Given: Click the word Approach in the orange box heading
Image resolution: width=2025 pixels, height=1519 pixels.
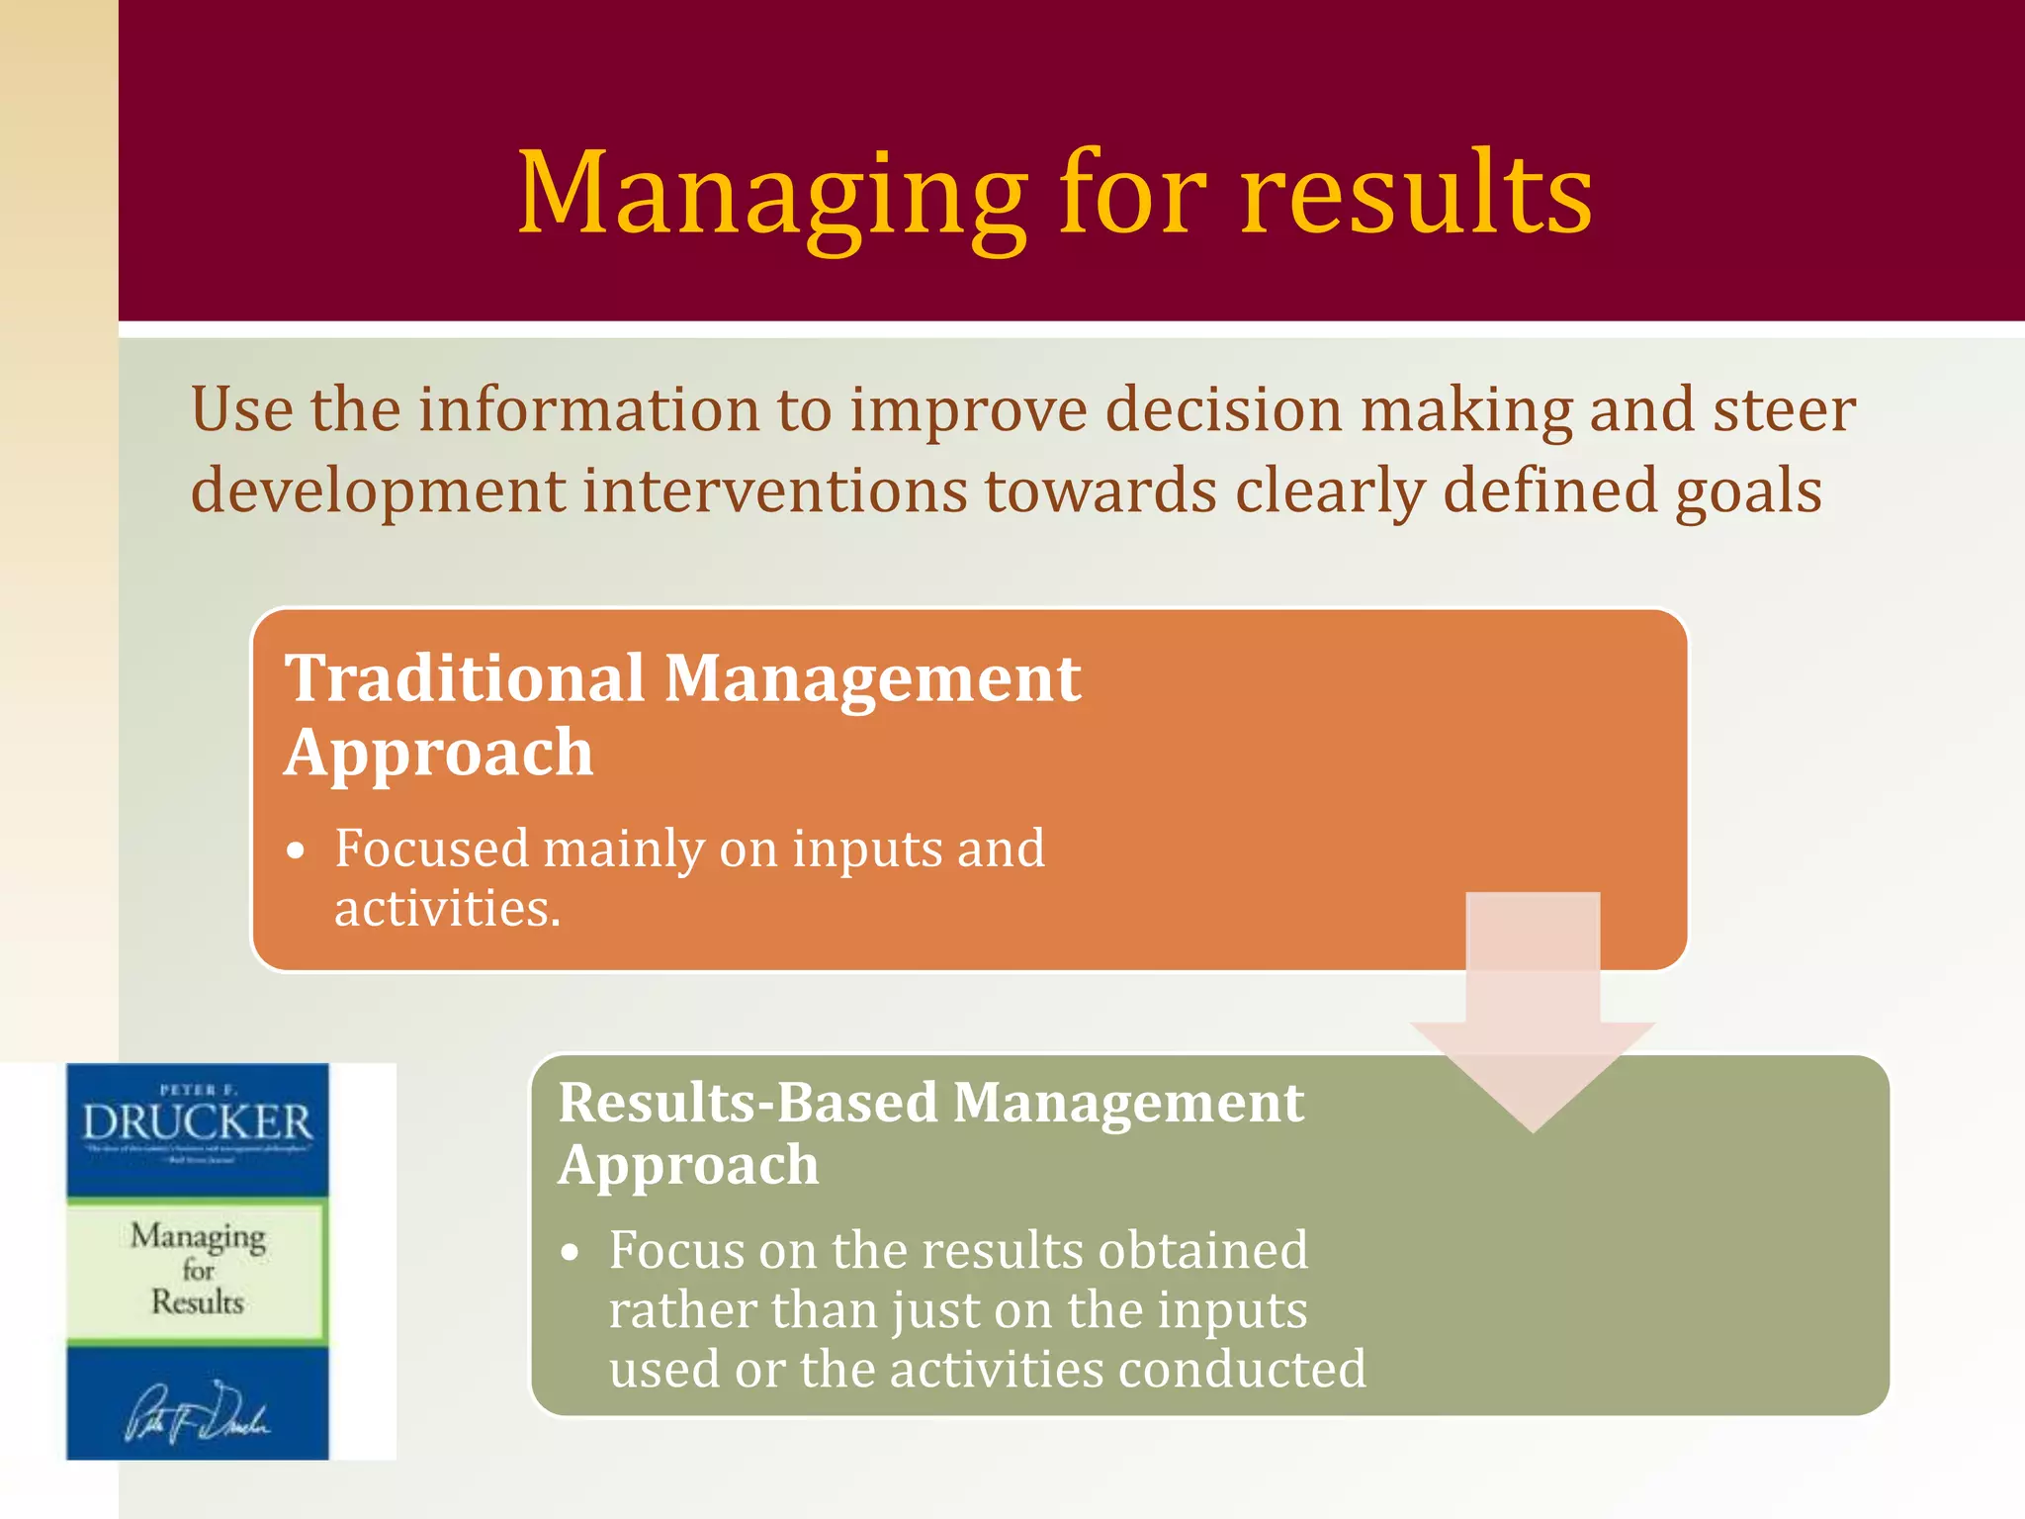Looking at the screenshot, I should point(439,755).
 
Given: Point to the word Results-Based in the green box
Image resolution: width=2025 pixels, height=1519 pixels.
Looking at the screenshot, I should point(748,1103).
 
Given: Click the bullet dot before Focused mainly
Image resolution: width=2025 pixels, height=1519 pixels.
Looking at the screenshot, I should point(295,851).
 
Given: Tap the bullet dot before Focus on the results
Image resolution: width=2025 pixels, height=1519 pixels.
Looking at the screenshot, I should point(569,1253).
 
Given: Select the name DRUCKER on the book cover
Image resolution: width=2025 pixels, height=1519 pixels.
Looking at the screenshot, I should point(197,1122).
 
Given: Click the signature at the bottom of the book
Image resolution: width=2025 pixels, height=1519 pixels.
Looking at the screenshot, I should point(197,1412).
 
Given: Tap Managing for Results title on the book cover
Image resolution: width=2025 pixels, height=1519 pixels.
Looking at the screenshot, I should point(198,1269).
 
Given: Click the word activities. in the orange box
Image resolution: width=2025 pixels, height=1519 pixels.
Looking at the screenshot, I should point(447,909).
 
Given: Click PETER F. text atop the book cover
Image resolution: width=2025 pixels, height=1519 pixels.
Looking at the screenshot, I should point(198,1090).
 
